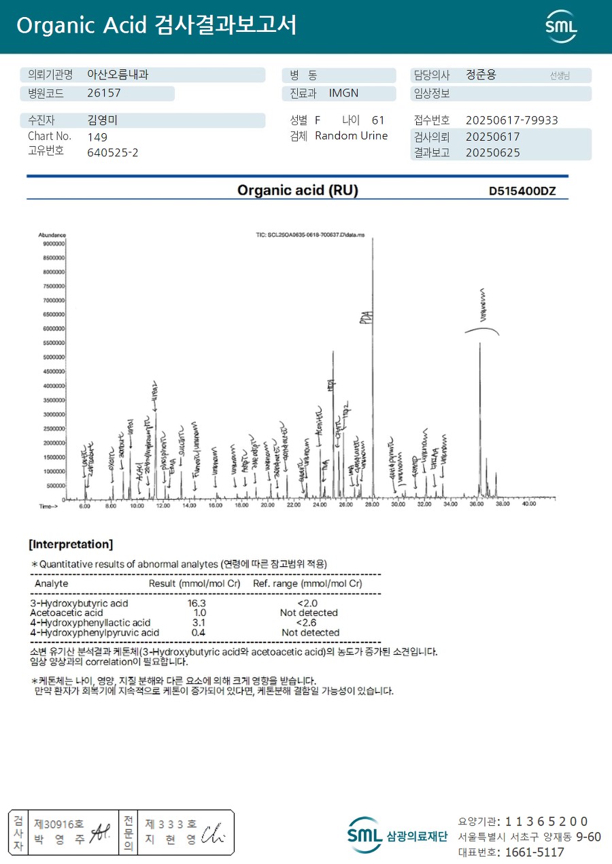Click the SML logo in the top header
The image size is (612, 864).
tap(561, 26)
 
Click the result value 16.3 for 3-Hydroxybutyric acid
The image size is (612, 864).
tap(197, 603)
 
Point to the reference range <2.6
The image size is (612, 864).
tap(307, 622)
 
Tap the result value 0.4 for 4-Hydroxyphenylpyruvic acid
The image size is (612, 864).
tap(199, 632)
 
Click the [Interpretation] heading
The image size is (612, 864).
tap(71, 545)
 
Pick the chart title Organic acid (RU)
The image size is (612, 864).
tap(297, 190)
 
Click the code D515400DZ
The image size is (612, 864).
tap(522, 191)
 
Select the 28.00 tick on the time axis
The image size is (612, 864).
tap(373, 505)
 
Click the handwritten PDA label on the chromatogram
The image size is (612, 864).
tap(365, 317)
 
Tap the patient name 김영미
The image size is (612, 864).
tap(103, 120)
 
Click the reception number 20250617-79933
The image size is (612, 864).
tap(511, 120)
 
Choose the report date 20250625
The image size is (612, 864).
tap(492, 152)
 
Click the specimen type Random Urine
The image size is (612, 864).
tap(351, 136)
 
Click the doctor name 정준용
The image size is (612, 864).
tap(481, 75)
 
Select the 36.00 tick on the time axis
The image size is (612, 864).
tap(477, 505)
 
